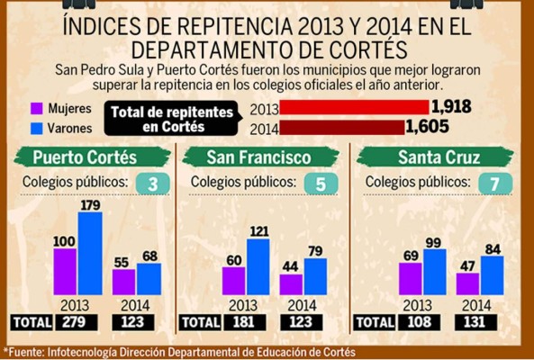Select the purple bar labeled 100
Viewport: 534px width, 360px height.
pos(64,271)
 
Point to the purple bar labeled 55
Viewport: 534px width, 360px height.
pos(122,281)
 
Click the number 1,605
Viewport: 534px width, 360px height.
pos(427,127)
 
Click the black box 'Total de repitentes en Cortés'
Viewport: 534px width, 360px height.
pos(176,118)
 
